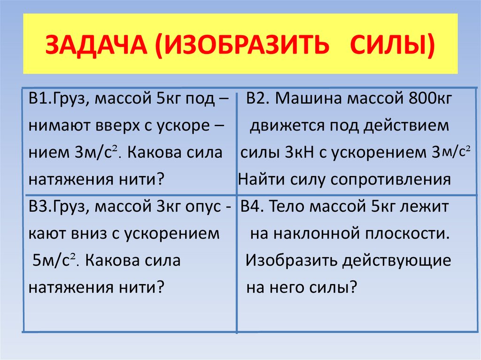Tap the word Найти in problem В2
[259, 179]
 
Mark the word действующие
[398, 260]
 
